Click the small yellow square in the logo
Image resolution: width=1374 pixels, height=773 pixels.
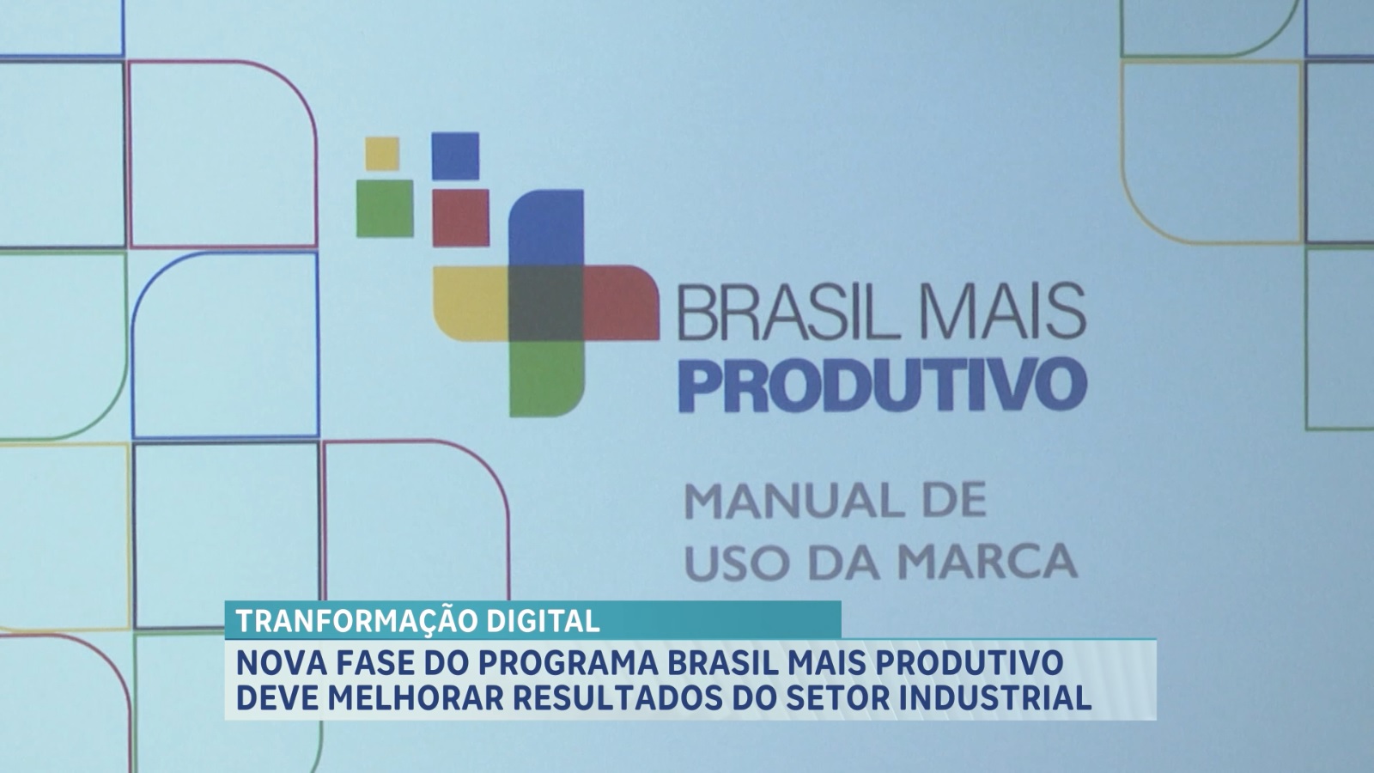382,154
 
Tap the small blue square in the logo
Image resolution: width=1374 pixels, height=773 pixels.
455,155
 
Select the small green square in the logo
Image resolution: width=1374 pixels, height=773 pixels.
385,209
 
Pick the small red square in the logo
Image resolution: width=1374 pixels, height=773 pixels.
460,218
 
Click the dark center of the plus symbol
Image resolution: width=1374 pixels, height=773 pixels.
545,303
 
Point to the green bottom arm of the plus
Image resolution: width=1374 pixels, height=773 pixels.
546,379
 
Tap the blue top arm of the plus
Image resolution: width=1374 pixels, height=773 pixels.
546,228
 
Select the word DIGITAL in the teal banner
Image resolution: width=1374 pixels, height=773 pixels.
544,622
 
